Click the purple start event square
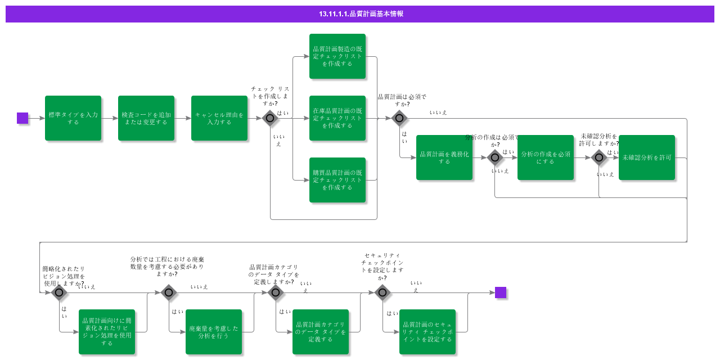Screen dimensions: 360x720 click(22, 118)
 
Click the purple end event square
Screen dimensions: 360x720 click(501, 292)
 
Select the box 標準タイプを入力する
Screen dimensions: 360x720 click(73, 118)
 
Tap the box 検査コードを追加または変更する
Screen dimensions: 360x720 click(146, 118)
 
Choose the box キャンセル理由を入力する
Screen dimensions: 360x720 click(219, 118)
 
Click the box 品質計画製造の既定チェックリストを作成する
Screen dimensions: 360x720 click(337, 56)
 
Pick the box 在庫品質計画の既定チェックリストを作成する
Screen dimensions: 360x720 click(337, 118)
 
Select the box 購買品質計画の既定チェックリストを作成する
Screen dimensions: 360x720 click(337, 180)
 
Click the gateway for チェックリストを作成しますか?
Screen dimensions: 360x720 click(270, 118)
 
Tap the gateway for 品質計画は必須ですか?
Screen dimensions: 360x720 click(399, 118)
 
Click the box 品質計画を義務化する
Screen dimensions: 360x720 click(444, 157)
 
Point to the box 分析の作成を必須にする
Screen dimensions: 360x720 click(546, 157)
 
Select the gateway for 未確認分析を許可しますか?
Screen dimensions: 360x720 click(599, 157)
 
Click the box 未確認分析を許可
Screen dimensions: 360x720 click(647, 157)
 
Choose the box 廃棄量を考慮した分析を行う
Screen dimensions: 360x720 click(214, 332)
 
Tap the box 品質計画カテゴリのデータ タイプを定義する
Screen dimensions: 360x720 click(321, 332)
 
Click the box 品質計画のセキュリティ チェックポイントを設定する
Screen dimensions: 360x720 click(427, 332)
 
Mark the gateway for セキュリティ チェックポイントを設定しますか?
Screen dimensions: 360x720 click(382, 292)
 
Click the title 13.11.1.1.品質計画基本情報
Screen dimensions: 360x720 click(360, 14)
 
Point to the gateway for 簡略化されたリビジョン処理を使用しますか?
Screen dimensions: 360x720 click(59, 292)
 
